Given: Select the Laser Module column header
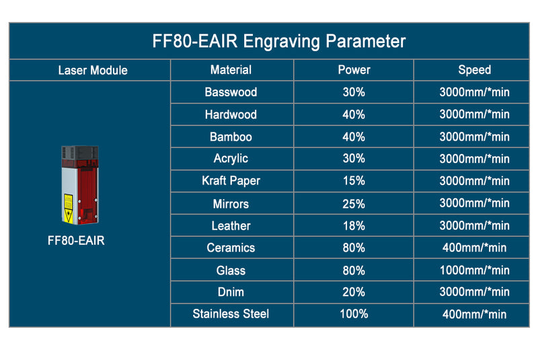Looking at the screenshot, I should [93, 70].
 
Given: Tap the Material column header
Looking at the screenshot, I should [231, 69].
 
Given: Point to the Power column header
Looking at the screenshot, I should [354, 69].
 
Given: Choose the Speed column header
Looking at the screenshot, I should [474, 69].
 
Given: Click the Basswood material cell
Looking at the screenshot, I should [231, 92].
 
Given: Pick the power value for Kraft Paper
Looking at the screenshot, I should [354, 180].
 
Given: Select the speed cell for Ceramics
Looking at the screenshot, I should [474, 248].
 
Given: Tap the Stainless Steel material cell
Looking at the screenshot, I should [231, 314].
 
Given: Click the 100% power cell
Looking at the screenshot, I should [354, 314].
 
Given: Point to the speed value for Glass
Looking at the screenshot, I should [474, 271].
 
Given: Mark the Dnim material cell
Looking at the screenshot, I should [231, 292].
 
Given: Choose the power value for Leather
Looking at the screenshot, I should [354, 226].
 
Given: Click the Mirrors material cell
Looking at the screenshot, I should [231, 203].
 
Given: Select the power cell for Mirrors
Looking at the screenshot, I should [354, 203].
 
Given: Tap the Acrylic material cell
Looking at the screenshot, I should [231, 158].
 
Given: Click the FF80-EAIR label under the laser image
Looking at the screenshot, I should [77, 240].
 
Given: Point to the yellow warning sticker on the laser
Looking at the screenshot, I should [68, 201].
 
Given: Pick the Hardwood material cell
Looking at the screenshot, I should [231, 114].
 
